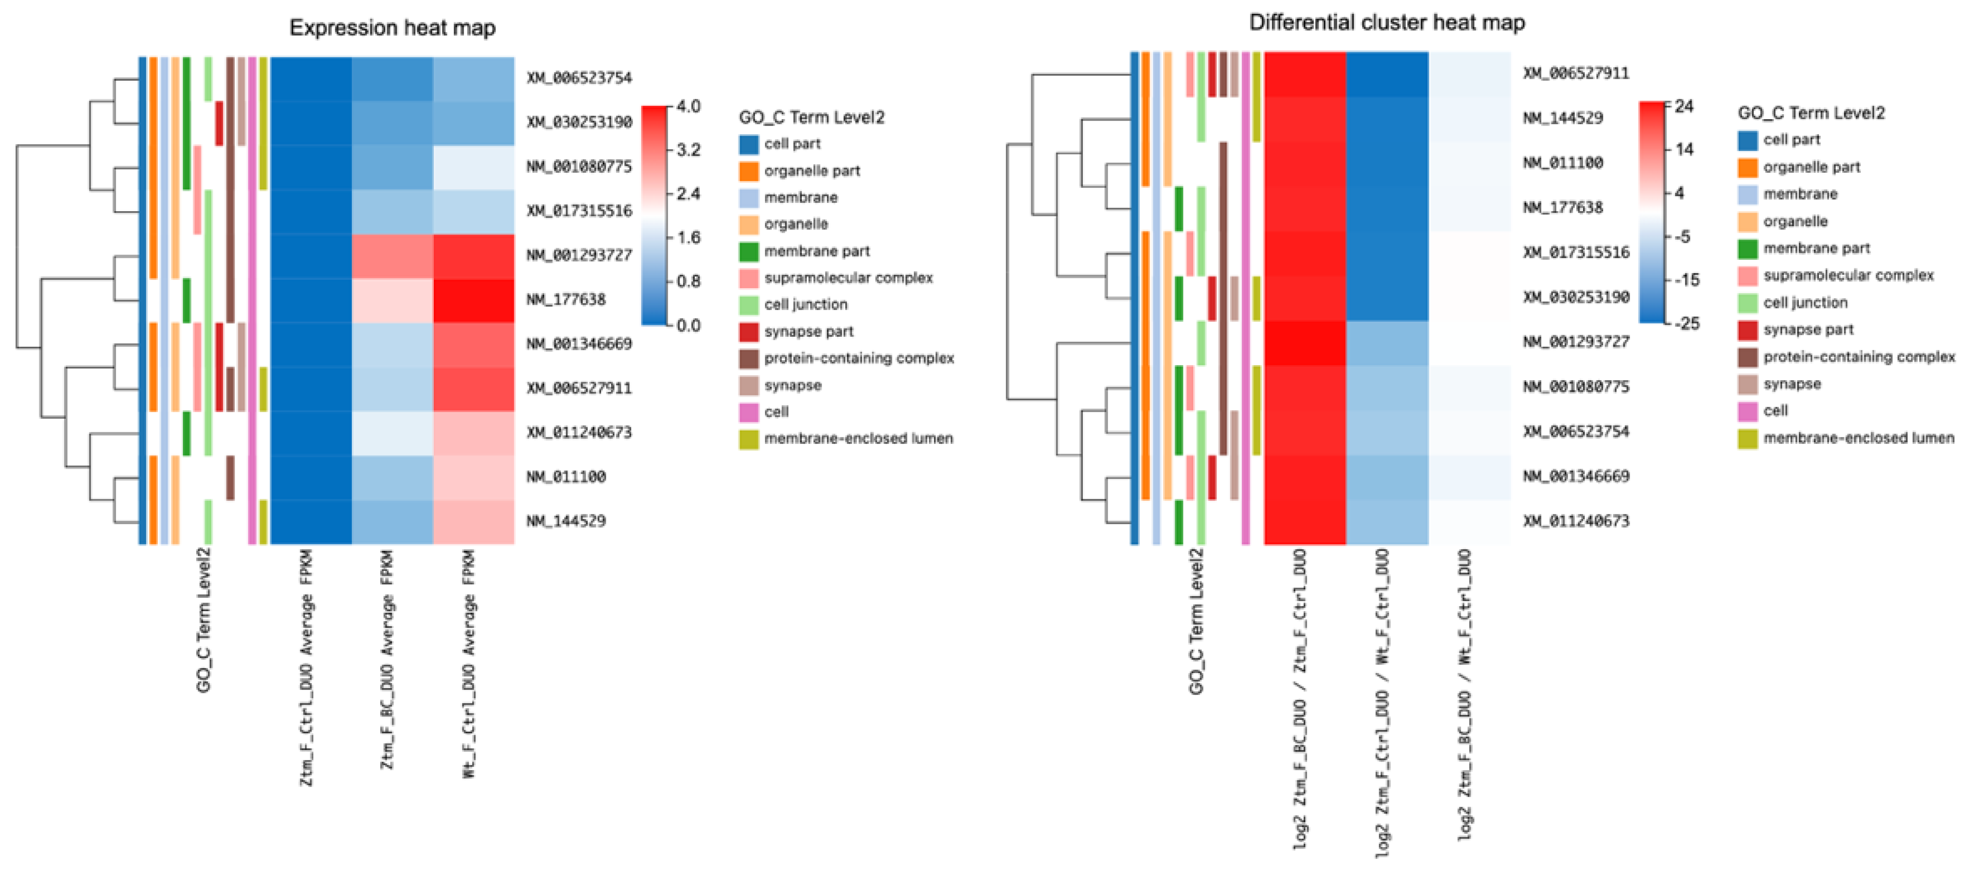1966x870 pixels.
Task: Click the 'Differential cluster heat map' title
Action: click(1387, 23)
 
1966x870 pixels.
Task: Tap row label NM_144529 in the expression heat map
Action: click(566, 520)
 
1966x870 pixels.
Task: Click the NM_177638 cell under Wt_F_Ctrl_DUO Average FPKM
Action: click(473, 300)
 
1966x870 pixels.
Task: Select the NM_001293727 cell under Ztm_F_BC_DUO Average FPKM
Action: click(392, 256)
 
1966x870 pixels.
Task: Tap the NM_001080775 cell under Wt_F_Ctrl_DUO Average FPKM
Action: click(473, 167)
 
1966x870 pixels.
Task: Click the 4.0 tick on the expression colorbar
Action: click(688, 106)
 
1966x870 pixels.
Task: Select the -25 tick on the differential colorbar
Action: click(1687, 323)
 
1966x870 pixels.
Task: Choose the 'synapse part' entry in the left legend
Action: click(808, 331)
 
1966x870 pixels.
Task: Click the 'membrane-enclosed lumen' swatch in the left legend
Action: click(748, 439)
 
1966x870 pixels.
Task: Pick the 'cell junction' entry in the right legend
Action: click(1805, 302)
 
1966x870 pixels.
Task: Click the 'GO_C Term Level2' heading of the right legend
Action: click(1811, 113)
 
